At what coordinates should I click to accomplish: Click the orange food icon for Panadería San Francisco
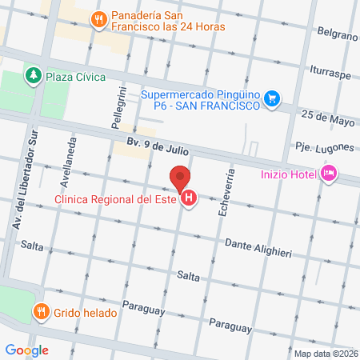click(x=98, y=19)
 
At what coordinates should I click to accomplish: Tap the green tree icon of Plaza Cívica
click(x=34, y=75)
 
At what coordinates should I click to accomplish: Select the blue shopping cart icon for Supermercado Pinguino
click(x=273, y=98)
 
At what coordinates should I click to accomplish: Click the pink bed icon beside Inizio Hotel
click(x=328, y=173)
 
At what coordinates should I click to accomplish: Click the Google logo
click(x=26, y=350)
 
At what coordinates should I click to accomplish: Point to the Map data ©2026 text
click(x=324, y=354)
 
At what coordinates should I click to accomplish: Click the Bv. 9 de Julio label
click(x=156, y=146)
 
